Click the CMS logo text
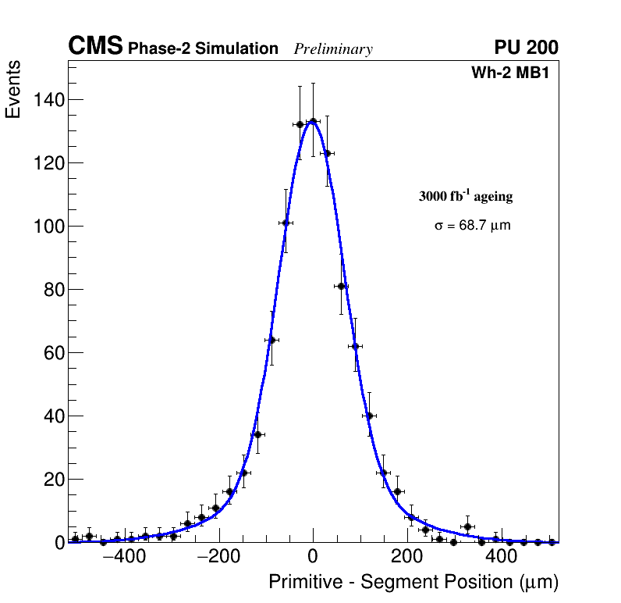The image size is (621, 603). (95, 47)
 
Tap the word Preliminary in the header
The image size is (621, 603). (333, 49)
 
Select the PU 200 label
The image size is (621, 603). (526, 48)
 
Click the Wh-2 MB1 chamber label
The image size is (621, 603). (515, 73)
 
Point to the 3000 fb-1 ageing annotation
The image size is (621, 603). (466, 196)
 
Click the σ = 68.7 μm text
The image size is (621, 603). (473, 226)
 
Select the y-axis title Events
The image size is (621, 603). (13, 90)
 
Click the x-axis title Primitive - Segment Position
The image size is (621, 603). (413, 582)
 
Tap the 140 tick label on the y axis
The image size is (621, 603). (48, 100)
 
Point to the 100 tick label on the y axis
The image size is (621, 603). (48, 227)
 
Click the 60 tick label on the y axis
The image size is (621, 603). (53, 353)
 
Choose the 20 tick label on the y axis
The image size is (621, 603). (53, 480)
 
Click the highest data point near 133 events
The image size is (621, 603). (313, 121)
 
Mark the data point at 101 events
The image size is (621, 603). (286, 223)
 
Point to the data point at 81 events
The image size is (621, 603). (341, 286)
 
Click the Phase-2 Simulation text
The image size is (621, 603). (203, 49)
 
